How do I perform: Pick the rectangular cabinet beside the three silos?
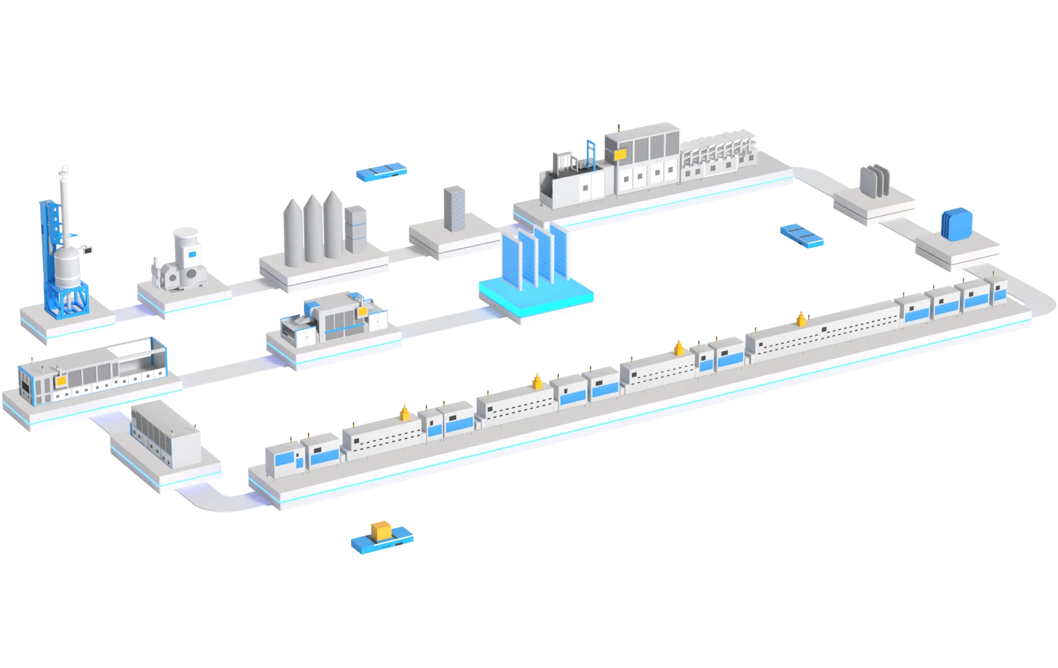(356, 230)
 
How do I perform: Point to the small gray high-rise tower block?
(455, 208)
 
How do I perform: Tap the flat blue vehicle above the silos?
(382, 170)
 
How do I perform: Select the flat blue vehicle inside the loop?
(801, 235)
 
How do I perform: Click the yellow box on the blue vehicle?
(380, 529)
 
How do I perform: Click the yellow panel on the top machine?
(619, 153)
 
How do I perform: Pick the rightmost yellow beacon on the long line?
(801, 319)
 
